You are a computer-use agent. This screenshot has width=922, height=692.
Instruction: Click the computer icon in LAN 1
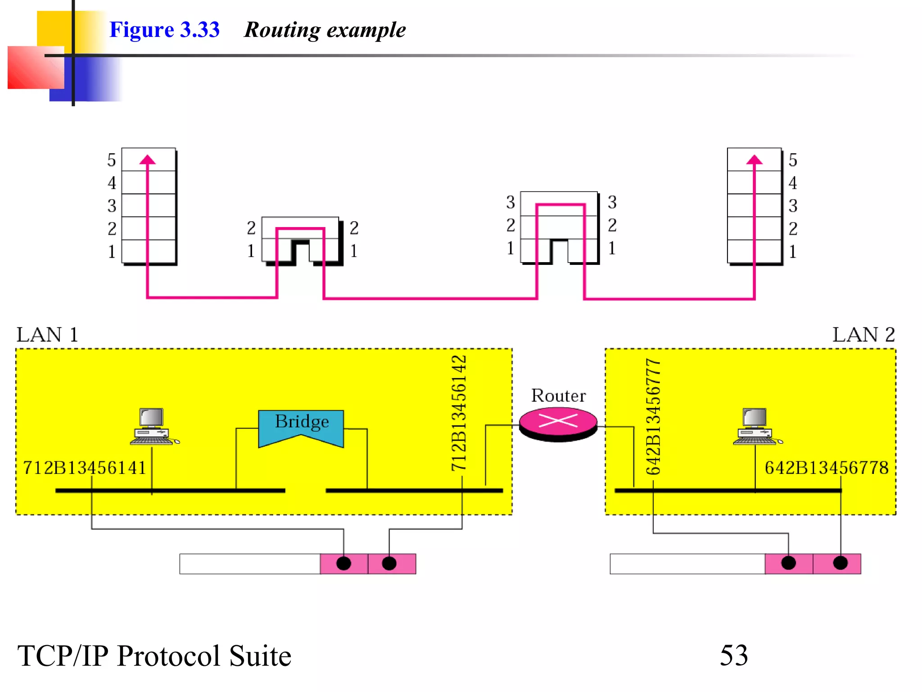pyautogui.click(x=152, y=427)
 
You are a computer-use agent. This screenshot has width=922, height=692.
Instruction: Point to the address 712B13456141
pyautogui.click(x=85, y=468)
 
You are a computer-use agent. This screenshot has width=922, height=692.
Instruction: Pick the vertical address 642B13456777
pyautogui.click(x=653, y=417)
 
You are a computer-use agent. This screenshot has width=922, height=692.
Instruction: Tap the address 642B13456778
pyautogui.click(x=827, y=468)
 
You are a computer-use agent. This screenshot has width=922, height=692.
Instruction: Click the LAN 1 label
pyautogui.click(x=47, y=335)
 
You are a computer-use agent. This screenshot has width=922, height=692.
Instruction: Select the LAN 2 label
pyautogui.click(x=863, y=335)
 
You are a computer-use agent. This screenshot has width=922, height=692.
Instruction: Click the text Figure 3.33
pyautogui.click(x=164, y=30)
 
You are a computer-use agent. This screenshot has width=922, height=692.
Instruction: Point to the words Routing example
pyautogui.click(x=325, y=30)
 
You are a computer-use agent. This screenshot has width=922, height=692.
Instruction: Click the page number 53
pyautogui.click(x=733, y=655)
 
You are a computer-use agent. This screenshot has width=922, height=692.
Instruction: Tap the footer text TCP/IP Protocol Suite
pyautogui.click(x=154, y=656)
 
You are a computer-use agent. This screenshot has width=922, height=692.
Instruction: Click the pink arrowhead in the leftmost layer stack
pyautogui.click(x=147, y=159)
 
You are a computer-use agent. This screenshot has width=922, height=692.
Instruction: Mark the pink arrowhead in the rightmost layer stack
pyautogui.click(x=755, y=159)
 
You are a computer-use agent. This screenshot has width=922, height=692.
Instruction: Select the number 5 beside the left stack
pyautogui.click(x=112, y=160)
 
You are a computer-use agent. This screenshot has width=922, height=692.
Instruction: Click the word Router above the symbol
pyautogui.click(x=558, y=396)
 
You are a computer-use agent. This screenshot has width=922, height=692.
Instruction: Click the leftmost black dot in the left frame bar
pyautogui.click(x=343, y=564)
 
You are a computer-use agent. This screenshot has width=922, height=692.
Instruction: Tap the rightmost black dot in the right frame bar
pyautogui.click(x=840, y=563)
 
